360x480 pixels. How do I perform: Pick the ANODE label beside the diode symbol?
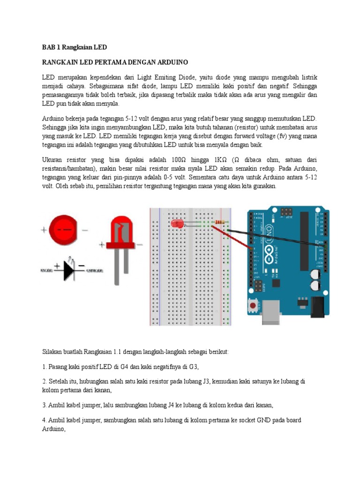click(46, 270)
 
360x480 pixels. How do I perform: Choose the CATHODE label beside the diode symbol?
click(95, 270)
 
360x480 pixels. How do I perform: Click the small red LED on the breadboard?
click(177, 224)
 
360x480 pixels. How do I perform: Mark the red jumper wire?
click(232, 237)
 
